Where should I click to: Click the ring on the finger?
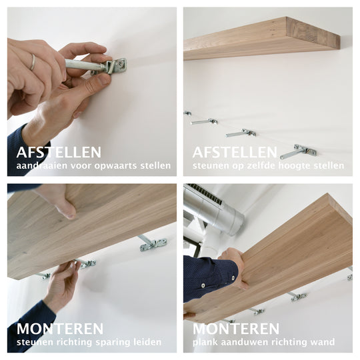coord(33,62)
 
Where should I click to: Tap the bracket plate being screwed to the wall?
coord(117,66)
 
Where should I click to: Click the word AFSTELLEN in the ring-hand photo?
coord(59,152)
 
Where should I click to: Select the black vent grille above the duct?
coord(205,193)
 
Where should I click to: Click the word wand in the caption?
coord(323,342)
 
